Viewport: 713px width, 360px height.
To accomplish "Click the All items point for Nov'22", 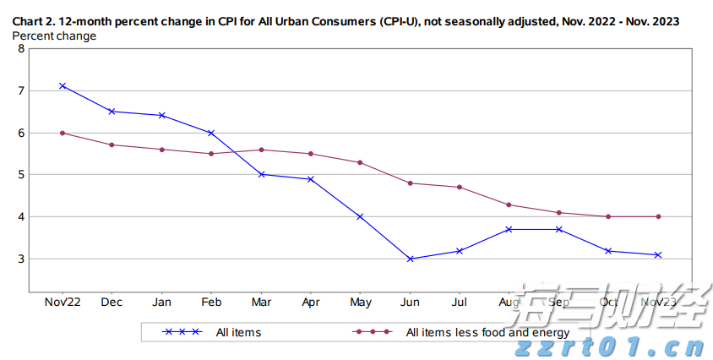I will point(63,85).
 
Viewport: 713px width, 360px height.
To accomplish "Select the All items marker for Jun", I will point(411,259).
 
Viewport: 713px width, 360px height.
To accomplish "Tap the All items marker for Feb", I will point(211,133).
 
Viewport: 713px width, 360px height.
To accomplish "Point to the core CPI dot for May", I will point(361,162).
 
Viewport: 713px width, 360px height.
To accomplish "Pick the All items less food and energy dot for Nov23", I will point(658,216).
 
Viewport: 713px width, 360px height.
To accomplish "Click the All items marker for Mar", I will point(261,174).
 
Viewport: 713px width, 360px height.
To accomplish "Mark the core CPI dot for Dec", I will point(112,145).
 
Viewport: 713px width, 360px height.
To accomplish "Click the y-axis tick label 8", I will point(21,48).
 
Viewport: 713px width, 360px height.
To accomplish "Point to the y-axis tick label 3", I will point(21,259).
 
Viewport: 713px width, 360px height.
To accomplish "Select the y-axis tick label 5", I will point(21,175).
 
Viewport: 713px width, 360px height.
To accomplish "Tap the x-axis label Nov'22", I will point(63,302).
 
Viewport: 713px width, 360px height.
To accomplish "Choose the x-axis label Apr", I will point(311,302).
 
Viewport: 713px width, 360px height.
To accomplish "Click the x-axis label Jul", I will point(460,302).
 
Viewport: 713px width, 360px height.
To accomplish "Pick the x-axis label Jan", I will point(161,302).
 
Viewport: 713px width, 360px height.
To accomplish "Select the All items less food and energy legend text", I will point(487,332).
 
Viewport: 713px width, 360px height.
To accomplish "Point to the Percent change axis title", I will point(53,35).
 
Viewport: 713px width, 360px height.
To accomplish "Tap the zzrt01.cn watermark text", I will point(608,346).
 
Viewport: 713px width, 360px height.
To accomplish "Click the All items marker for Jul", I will point(460,250).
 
